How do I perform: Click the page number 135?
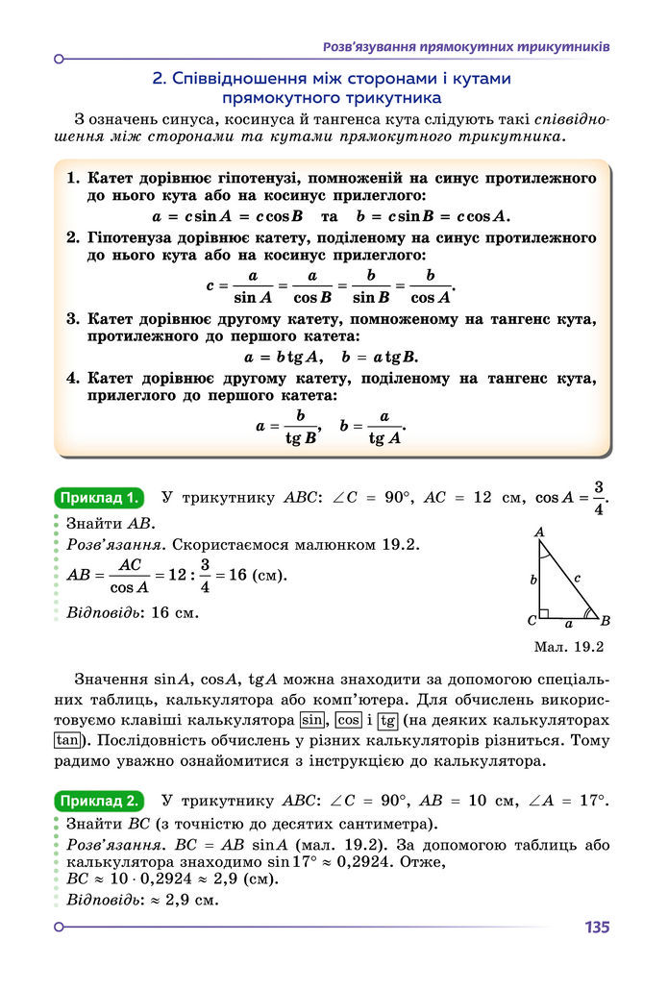[x=596, y=928]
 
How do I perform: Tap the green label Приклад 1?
[x=99, y=498]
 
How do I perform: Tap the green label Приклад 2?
[x=99, y=800]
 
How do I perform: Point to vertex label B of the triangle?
[x=606, y=620]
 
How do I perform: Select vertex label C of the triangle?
[x=531, y=620]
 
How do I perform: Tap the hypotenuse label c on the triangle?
[x=576, y=579]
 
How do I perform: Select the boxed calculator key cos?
[x=349, y=720]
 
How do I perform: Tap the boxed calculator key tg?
[x=387, y=720]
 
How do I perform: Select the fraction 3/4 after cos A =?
[x=598, y=498]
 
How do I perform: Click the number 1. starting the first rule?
[x=73, y=179]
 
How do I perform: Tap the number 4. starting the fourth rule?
[x=73, y=379]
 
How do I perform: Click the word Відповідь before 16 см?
[x=101, y=611]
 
